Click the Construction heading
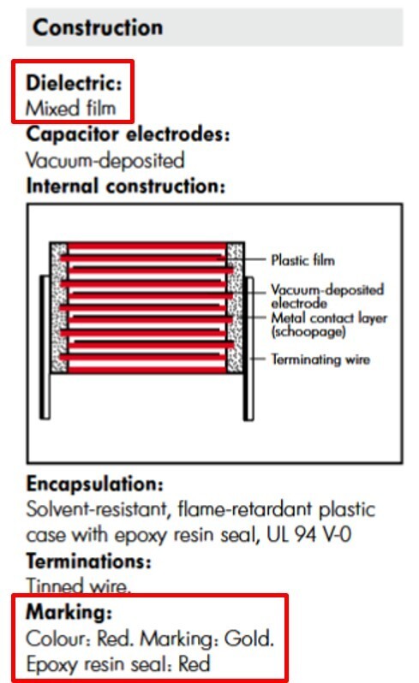98,27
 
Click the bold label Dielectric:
74,83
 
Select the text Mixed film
70,108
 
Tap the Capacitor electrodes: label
128,134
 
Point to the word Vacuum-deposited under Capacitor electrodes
105,160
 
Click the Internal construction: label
126,186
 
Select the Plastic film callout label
303,260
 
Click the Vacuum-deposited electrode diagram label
327,296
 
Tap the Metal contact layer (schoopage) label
329,325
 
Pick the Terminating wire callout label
320,359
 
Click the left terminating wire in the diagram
45,347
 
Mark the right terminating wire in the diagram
248,348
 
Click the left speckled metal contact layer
59,307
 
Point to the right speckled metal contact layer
236,307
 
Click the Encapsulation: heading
94,484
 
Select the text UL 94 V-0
308,534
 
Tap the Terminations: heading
88,561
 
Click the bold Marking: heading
69,612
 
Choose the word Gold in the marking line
249,638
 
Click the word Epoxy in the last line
52,665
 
